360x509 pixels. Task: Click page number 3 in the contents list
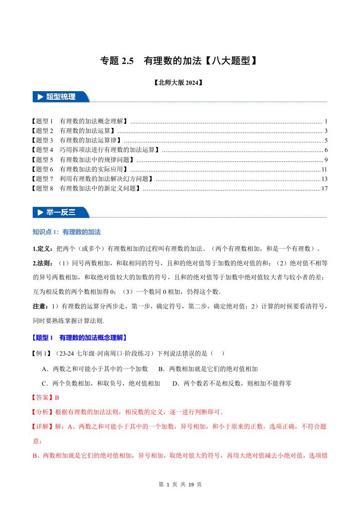pos(326,131)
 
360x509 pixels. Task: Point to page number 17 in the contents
pos(324,188)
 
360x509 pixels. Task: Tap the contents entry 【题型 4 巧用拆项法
pos(95,150)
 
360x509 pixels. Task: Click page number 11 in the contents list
pos(324,169)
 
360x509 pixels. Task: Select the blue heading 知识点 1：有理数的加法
pos(66,232)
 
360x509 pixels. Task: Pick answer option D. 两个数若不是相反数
pos(232,383)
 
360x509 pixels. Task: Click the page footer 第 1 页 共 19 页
pos(180,485)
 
